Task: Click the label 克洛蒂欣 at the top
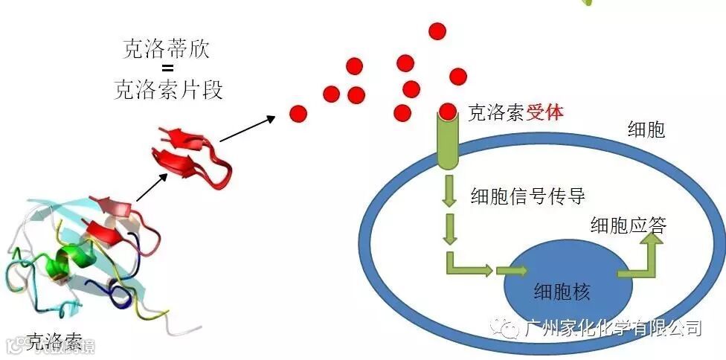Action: [x=167, y=50]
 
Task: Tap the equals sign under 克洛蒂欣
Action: [x=167, y=70]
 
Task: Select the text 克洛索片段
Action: [x=168, y=90]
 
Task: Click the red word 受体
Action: [x=544, y=112]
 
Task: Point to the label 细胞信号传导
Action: [x=527, y=196]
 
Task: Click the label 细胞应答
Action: [x=628, y=224]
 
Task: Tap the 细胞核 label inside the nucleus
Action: [x=562, y=292]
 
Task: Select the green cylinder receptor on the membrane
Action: [x=448, y=141]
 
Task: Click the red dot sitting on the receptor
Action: [x=447, y=111]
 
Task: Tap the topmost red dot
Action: [x=437, y=31]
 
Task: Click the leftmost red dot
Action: [x=298, y=114]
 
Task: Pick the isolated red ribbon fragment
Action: [x=189, y=152]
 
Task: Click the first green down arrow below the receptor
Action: [x=449, y=192]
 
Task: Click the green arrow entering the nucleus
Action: [x=513, y=271]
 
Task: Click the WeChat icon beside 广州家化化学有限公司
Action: [x=510, y=328]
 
